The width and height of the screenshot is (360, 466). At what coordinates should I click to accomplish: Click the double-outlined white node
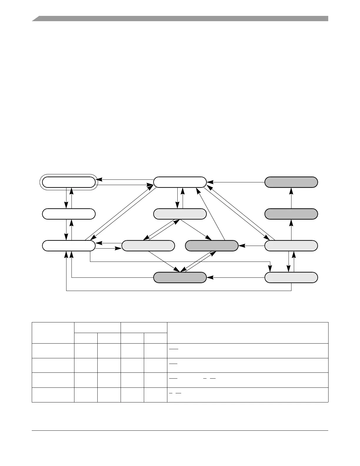point(69,182)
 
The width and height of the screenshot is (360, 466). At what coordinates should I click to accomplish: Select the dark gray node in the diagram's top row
point(291,182)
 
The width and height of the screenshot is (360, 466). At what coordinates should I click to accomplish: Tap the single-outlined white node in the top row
point(180,182)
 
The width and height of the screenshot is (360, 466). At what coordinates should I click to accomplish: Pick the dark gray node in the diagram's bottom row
point(180,277)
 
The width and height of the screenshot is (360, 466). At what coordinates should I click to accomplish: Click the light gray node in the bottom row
point(291,277)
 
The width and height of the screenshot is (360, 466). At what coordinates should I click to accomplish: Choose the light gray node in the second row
point(180,214)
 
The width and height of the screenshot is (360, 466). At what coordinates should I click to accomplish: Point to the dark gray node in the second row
point(291,214)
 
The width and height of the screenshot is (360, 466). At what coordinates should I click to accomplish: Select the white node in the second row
point(69,214)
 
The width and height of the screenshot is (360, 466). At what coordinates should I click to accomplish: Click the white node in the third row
point(69,246)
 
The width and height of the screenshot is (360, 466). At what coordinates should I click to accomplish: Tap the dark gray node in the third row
point(211,246)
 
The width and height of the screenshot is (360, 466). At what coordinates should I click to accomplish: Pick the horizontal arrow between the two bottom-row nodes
point(235,277)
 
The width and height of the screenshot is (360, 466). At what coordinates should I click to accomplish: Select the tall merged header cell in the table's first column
point(53,333)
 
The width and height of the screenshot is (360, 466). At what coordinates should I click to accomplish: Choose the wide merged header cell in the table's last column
point(247,333)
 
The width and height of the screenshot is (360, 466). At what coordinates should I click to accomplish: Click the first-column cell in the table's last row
point(53,395)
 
